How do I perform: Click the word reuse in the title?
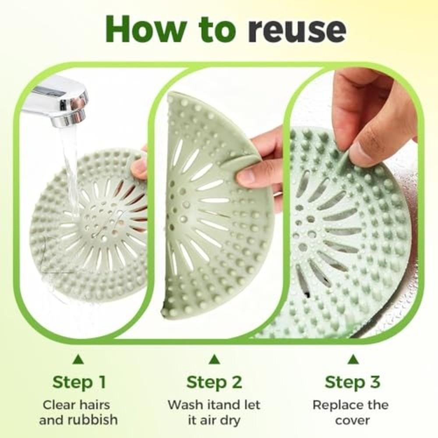pos(289,29)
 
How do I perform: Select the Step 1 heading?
pos(79,382)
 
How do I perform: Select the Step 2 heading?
pos(214,382)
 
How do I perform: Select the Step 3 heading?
pos(352,382)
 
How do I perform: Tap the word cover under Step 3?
pos(353,420)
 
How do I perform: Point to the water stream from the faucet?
pos(70,166)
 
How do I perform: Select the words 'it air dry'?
pos(214,420)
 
